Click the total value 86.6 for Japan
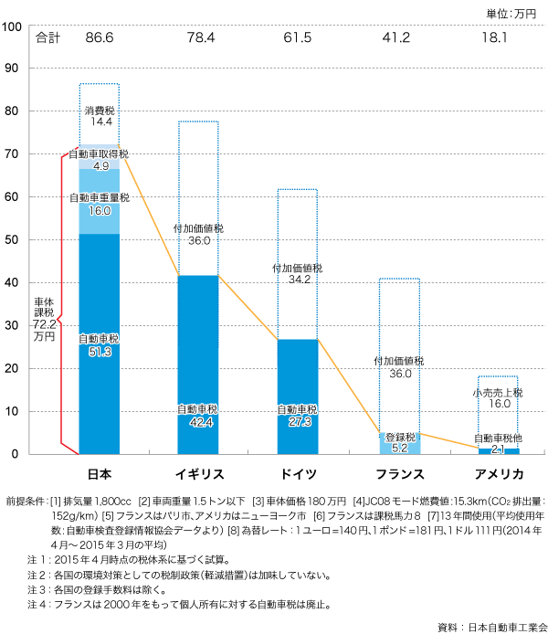(99, 38)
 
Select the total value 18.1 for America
(496, 38)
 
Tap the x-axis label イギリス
(198, 474)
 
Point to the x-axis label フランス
(400, 474)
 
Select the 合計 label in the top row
(46, 38)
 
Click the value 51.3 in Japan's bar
(100, 350)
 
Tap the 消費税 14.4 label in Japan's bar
(100, 116)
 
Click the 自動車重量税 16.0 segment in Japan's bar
(100, 204)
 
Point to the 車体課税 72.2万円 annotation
(43, 319)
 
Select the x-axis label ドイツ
(298, 474)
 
